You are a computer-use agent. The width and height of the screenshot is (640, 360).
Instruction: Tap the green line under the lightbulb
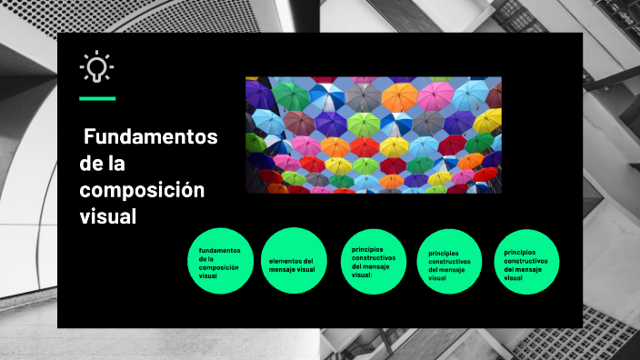[97, 98]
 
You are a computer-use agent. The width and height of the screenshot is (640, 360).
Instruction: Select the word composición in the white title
[142, 191]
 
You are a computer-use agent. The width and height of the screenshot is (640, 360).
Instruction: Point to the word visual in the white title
[107, 217]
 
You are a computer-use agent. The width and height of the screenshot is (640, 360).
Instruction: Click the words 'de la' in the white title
[102, 165]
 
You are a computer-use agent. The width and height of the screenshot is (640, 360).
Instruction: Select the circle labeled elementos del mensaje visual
[293, 261]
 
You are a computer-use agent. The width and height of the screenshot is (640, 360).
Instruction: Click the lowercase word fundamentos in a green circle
[219, 249]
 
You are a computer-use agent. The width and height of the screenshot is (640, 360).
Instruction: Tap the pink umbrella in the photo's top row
[435, 94]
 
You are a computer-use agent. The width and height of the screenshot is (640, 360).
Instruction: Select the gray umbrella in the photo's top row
[363, 95]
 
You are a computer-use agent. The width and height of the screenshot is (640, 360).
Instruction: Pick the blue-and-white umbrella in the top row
[325, 95]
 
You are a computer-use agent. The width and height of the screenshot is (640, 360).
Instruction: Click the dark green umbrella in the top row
[291, 95]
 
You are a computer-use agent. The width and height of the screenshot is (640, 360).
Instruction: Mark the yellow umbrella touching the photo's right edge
[489, 120]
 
